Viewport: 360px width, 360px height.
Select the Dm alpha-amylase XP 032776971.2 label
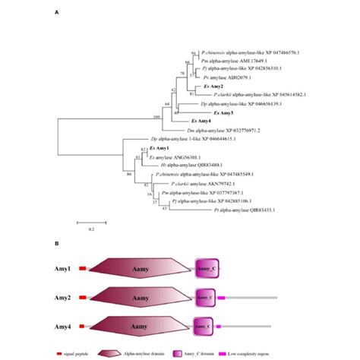click(223, 130)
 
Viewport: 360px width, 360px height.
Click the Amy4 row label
click(63, 327)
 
